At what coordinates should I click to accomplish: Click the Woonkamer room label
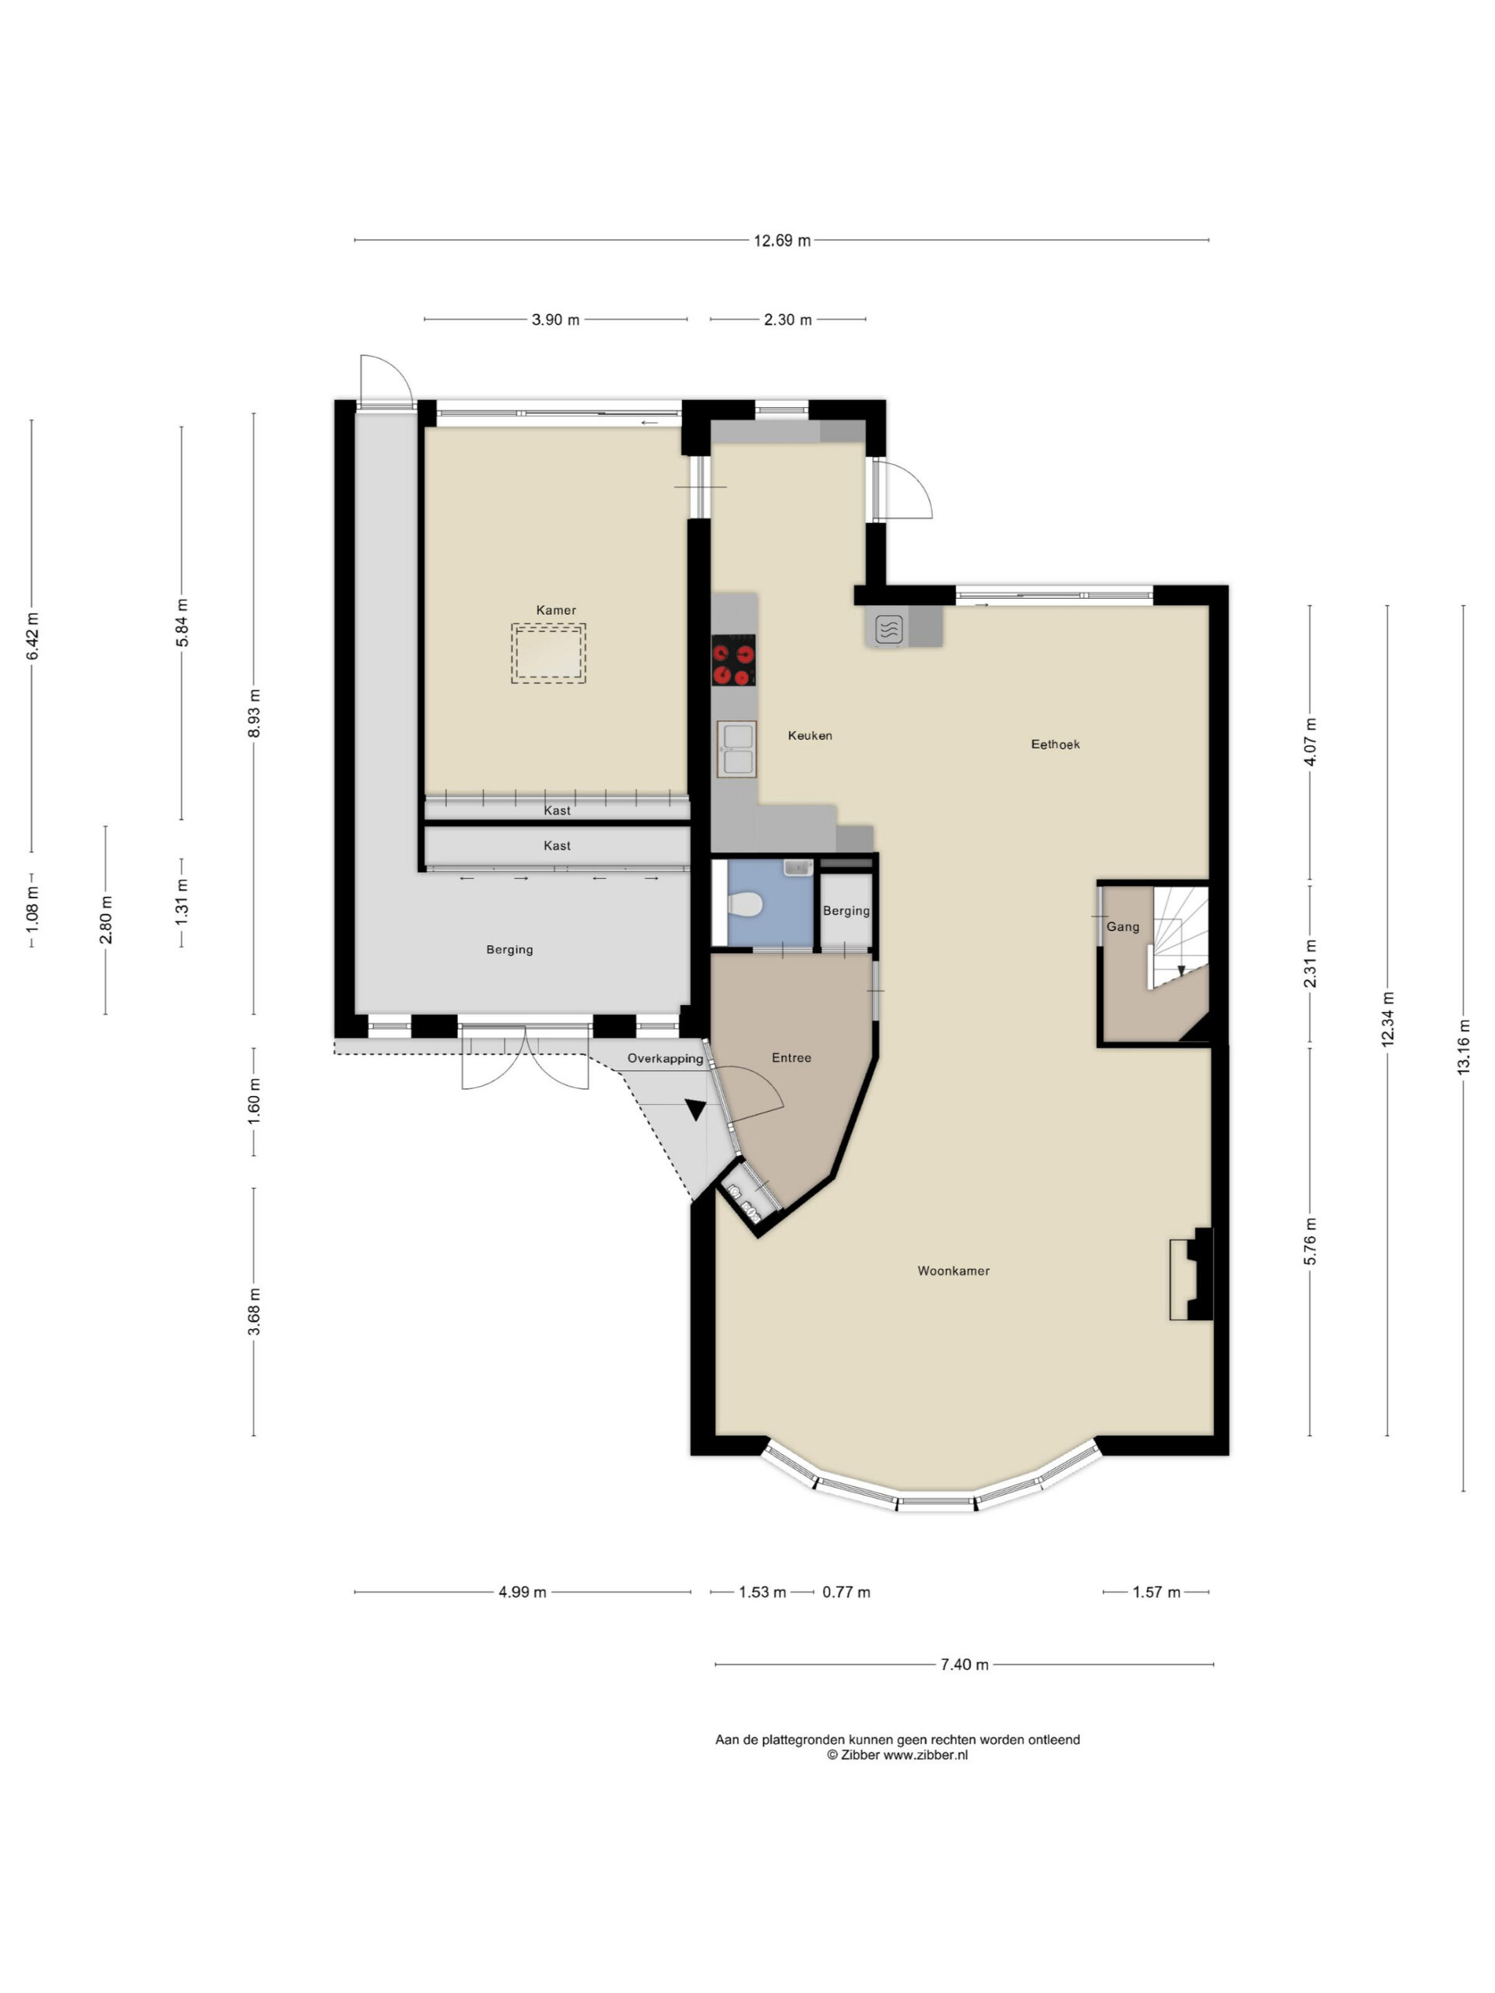click(953, 1271)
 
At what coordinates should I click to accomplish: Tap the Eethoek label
click(1055, 744)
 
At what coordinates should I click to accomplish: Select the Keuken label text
click(810, 735)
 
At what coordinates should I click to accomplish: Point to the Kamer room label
click(556, 610)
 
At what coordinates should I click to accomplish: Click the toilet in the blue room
click(745, 904)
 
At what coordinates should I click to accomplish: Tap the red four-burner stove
click(733, 660)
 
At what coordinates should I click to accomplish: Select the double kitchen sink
click(737, 748)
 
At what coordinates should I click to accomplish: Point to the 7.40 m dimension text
click(964, 1664)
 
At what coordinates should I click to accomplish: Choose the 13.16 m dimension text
click(1463, 1046)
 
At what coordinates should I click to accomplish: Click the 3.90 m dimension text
click(555, 320)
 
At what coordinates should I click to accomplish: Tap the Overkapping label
click(665, 1059)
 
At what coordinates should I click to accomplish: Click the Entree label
click(791, 1058)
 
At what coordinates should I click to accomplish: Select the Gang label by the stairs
click(1123, 927)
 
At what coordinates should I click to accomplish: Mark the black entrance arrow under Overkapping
click(695, 1110)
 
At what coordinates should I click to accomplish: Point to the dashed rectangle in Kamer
click(548, 653)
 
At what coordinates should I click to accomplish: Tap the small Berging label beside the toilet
click(846, 911)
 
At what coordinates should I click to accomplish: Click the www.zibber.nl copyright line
click(898, 1754)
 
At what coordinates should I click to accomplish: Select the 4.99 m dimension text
click(522, 1592)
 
